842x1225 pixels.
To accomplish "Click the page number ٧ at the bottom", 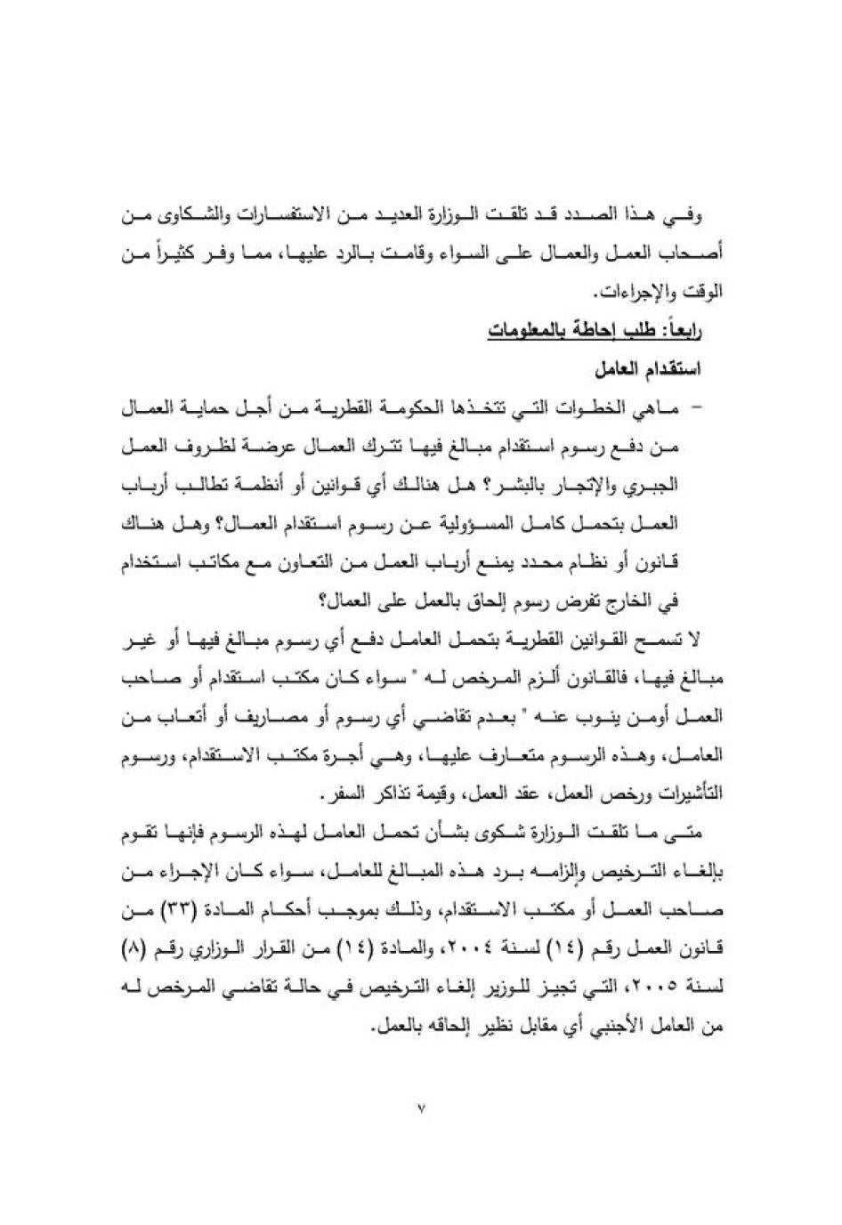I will click(420, 1108).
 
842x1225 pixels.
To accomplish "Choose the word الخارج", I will click(670, 600).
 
